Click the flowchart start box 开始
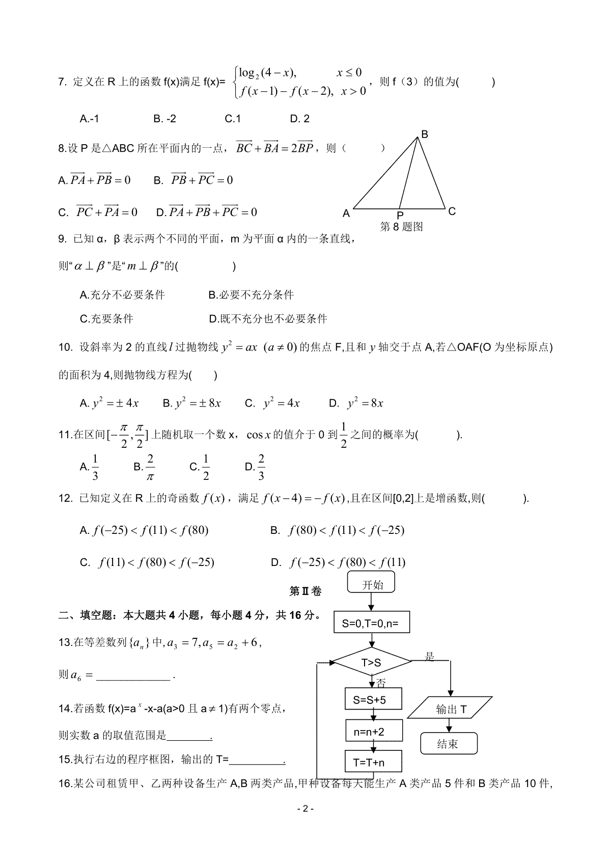372,584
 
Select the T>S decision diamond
371,663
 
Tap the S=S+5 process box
373,699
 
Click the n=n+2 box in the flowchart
373,732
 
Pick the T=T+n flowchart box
373,763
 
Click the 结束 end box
448,744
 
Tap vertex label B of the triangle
424,134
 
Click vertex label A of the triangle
346,214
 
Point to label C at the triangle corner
452,211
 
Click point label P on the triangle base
400,216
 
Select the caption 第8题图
401,227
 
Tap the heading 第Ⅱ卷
305,591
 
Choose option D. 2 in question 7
299,119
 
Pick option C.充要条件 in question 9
106,319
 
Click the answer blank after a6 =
133,677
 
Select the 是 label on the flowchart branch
430,657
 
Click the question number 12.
66,499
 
